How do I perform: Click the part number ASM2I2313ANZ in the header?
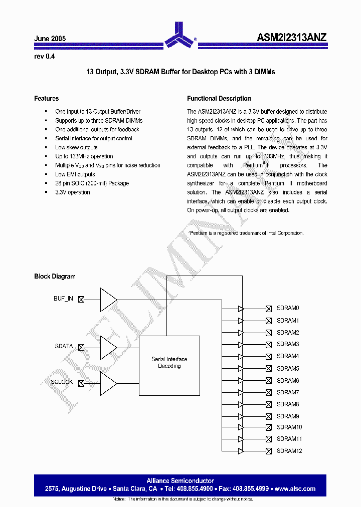pos(292,37)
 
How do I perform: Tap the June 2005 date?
pos(50,39)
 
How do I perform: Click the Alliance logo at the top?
pos(179,35)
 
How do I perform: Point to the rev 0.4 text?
pos(44,57)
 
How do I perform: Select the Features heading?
pos(46,99)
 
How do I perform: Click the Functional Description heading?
pos(219,99)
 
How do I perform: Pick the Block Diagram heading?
pos(55,277)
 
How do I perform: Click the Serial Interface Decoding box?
pos(169,363)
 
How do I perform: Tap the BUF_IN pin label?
pos(63,299)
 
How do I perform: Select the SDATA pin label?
pos(64,346)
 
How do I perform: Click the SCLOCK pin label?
pos(62,382)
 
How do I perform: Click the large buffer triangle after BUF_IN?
pos(108,300)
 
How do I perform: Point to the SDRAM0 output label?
pos(288,308)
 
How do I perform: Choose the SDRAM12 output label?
pos(289,451)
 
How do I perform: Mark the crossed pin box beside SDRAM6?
pos(269,381)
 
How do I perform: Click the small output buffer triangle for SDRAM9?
pos(241,416)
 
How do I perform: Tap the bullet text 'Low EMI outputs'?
pos(75,174)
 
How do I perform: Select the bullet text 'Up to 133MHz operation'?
pos(84,156)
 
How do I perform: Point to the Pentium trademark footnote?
pos(246,233)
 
